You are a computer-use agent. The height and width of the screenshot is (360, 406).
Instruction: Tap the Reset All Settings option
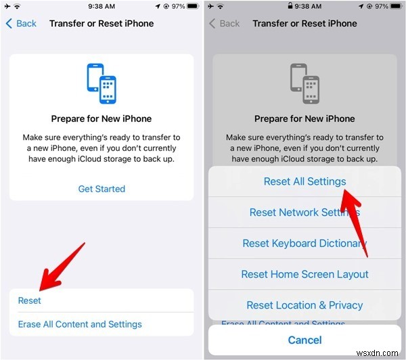pos(304,181)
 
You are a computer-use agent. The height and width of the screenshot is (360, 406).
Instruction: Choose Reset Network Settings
pos(304,212)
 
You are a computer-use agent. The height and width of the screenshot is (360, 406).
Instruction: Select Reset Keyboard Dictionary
pos(304,244)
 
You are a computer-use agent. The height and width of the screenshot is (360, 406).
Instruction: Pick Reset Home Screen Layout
pos(304,274)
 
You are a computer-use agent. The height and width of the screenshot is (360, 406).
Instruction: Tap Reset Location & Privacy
pos(304,305)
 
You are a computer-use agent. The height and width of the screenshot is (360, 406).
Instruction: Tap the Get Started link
pos(101,189)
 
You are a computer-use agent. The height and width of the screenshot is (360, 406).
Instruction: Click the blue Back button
pos(21,23)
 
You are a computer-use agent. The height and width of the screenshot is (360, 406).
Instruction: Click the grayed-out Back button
pos(225,23)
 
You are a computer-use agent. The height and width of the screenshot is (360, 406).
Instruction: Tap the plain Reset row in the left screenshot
pos(30,300)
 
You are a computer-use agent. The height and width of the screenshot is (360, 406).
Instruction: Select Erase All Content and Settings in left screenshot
pos(80,324)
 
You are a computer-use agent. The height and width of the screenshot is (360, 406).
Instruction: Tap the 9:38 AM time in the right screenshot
pos(304,6)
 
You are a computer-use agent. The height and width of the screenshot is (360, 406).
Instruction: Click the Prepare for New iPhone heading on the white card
pos(101,118)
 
